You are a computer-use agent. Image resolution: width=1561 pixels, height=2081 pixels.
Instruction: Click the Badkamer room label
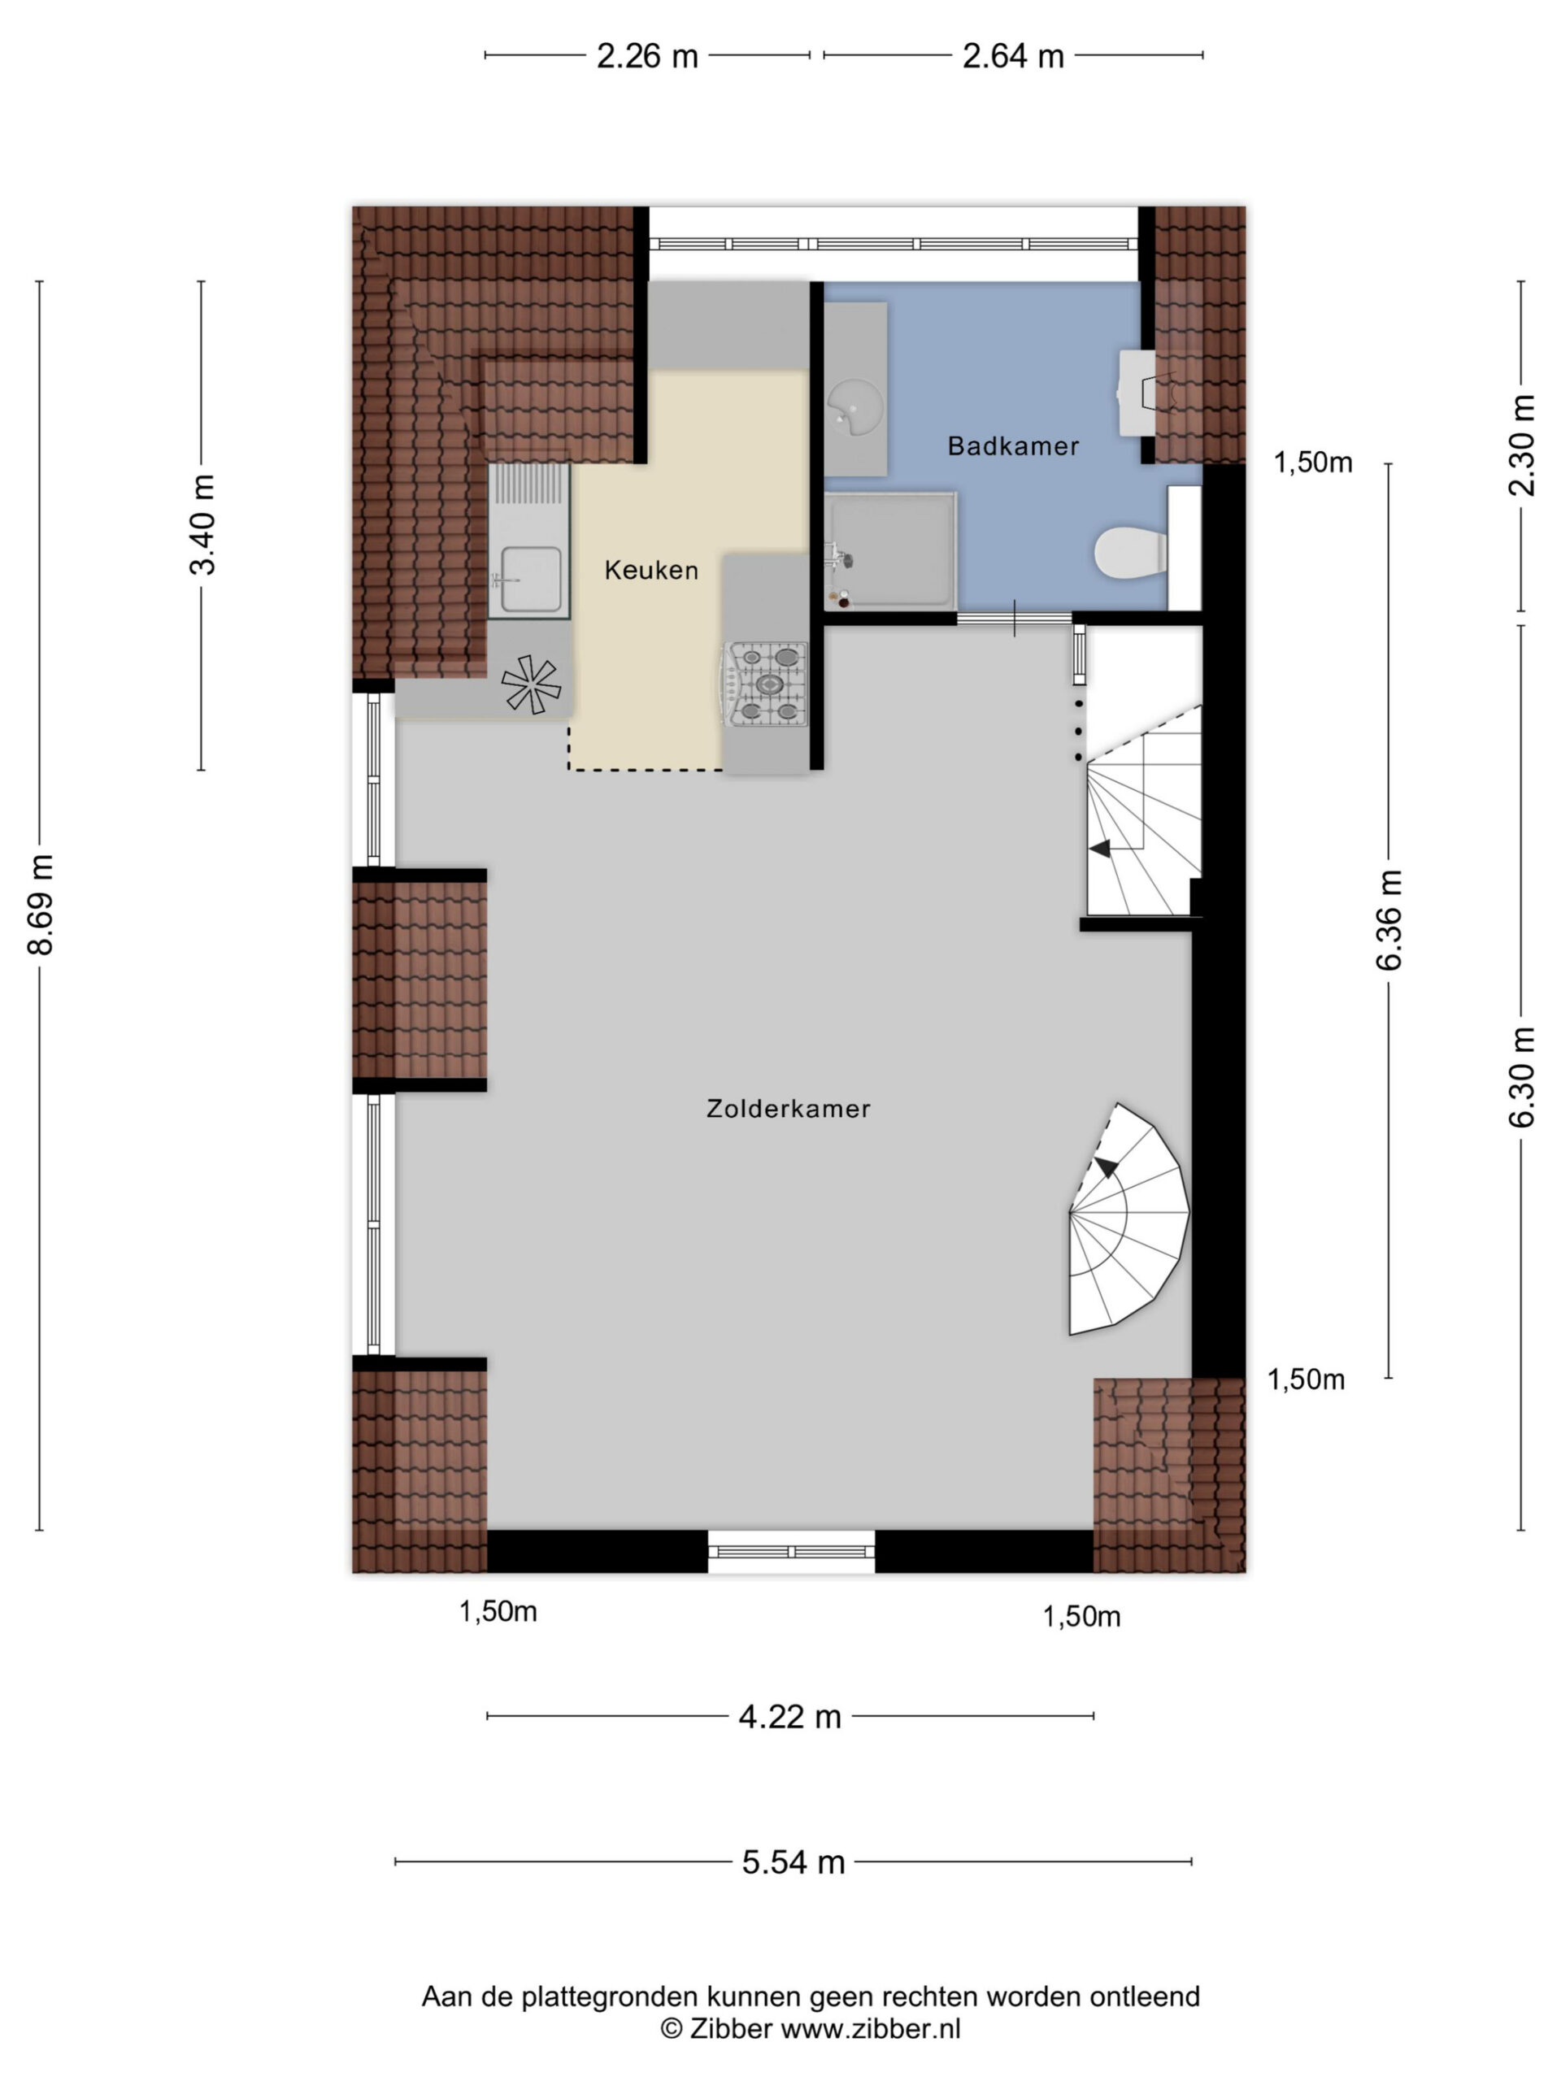point(1012,446)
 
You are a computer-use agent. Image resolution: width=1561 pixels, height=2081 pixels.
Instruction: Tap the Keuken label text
point(651,570)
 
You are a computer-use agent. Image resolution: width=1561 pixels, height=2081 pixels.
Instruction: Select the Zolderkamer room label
point(789,1108)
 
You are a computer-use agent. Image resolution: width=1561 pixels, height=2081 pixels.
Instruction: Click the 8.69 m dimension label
point(41,905)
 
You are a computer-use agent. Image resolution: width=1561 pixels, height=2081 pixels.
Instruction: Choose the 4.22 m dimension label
point(789,1717)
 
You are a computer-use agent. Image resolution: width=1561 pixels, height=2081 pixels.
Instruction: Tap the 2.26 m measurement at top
point(647,56)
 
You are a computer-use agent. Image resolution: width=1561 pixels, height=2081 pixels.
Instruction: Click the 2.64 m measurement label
point(1012,56)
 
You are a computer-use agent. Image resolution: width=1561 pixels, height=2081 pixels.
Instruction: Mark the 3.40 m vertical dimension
point(202,524)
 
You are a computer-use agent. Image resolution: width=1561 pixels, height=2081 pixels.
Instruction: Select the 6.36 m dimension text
point(1389,919)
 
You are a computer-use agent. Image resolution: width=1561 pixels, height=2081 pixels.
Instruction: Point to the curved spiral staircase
point(1129,1219)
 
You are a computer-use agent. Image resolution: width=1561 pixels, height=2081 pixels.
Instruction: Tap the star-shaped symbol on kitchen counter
point(531,683)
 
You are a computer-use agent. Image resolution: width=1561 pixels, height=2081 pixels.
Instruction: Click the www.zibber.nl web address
point(872,2029)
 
